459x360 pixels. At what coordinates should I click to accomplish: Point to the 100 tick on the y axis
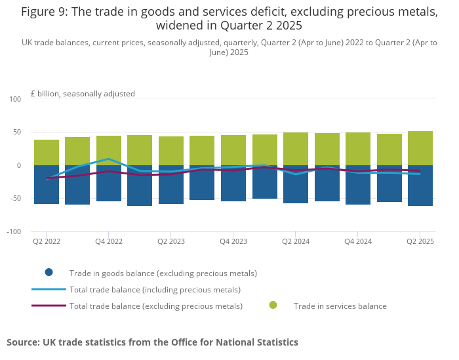[15, 99]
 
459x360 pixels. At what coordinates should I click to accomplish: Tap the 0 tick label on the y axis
[19, 165]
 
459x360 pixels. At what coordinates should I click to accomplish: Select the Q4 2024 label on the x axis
[357, 241]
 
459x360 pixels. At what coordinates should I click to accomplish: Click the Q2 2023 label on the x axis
[170, 241]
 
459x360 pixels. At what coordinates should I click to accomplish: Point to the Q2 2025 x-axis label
[420, 241]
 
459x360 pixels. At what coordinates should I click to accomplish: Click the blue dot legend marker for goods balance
[49, 272]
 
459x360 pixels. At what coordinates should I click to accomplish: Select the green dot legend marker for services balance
[273, 305]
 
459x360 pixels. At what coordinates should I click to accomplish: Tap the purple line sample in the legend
[49, 305]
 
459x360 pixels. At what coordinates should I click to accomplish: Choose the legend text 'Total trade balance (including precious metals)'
[155, 289]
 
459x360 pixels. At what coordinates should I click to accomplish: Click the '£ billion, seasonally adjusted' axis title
[83, 94]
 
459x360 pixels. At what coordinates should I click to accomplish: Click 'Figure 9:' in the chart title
[43, 12]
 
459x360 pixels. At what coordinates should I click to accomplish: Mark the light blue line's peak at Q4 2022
[109, 159]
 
